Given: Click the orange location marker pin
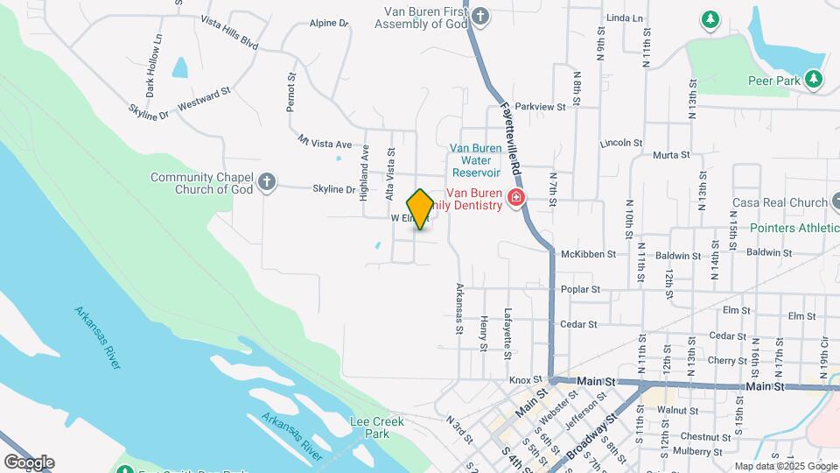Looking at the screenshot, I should click(420, 208).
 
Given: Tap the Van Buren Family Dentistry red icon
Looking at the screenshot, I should click(516, 198).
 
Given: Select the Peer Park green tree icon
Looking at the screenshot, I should click(815, 80).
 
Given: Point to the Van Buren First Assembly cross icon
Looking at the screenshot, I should click(479, 16).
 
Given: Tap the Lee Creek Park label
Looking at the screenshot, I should click(376, 427).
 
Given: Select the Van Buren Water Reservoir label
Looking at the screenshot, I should click(476, 160).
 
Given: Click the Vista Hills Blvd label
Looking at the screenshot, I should click(229, 32).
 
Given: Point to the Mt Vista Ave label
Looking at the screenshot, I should click(325, 142).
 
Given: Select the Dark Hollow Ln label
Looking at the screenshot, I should click(156, 66).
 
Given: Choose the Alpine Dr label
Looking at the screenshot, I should click(329, 24).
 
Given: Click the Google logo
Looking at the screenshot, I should click(28, 462).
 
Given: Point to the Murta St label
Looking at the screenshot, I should click(671, 155).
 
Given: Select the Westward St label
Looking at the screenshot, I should click(203, 97).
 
